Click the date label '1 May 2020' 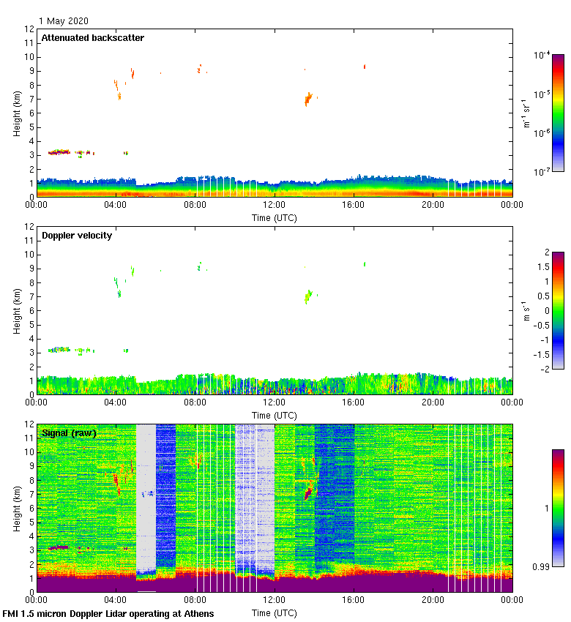(x=64, y=21)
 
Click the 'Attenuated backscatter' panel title (x=92, y=38)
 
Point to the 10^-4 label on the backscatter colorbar (x=542, y=56)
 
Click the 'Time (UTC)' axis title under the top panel (x=274, y=217)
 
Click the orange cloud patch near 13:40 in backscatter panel (x=308, y=99)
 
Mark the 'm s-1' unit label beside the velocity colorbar (x=526, y=310)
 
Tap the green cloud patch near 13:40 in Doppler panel (x=309, y=296)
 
